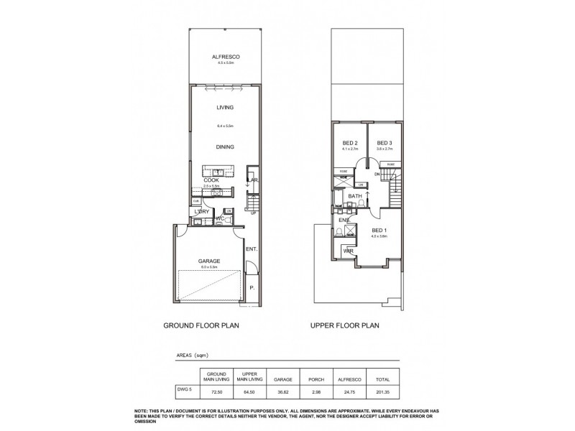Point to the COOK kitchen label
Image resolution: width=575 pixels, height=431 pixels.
pyautogui.click(x=211, y=180)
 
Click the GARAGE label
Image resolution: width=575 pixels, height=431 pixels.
pyautogui.click(x=208, y=261)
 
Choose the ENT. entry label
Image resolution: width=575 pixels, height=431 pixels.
pyautogui.click(x=251, y=249)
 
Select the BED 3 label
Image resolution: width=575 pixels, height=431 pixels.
pyautogui.click(x=384, y=142)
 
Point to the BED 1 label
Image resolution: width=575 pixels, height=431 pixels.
pyautogui.click(x=379, y=231)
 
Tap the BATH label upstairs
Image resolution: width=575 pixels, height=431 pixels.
pyautogui.click(x=355, y=196)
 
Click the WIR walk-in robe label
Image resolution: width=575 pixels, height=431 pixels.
pyautogui.click(x=347, y=251)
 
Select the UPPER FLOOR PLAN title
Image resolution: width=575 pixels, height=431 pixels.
pyautogui.click(x=344, y=325)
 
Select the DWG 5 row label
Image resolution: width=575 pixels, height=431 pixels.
pyautogui.click(x=185, y=388)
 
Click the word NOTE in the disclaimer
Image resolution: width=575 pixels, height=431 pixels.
pyautogui.click(x=142, y=410)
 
